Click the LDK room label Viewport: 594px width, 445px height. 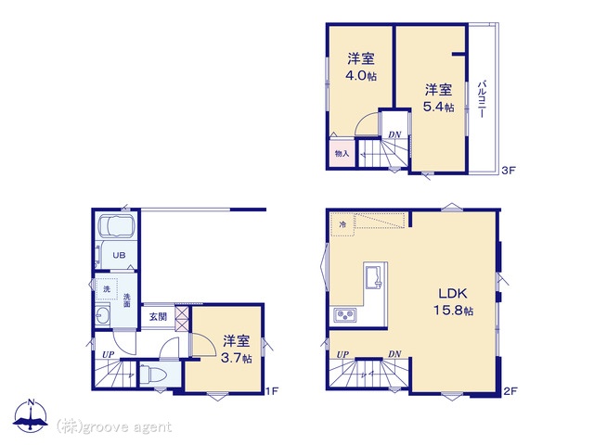453,294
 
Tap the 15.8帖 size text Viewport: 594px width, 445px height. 453,311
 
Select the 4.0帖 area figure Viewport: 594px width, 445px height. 361,76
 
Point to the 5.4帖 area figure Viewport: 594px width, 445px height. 438,108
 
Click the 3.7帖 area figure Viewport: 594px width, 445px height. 237,358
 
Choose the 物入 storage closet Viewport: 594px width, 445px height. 342,153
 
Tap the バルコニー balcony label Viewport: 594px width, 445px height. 482,99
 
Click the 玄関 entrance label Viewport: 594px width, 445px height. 158,316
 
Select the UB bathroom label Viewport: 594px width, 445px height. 119,255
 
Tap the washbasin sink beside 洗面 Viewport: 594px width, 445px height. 102,315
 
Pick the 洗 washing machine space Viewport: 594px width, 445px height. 107,289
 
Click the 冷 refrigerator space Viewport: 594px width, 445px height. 342,224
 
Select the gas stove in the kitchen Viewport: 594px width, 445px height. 344,315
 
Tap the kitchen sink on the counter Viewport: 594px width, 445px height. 375,276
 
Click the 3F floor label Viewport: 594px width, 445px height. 509,171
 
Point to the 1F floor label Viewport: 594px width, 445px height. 272,391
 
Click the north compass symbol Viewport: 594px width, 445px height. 31,415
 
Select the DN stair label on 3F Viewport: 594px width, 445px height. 394,134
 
